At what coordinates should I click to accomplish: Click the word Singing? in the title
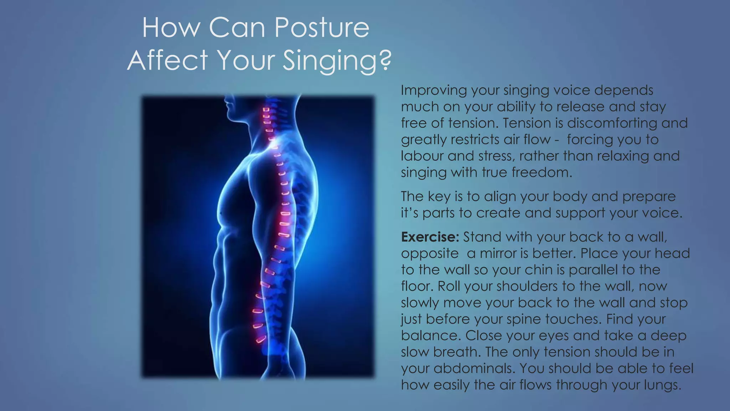pyautogui.click(x=337, y=60)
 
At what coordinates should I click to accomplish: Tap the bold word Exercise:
pyautogui.click(x=430, y=237)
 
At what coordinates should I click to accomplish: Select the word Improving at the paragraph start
pyautogui.click(x=433, y=91)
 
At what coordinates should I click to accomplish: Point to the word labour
pyautogui.click(x=422, y=156)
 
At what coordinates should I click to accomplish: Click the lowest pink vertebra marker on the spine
pyautogui.click(x=261, y=339)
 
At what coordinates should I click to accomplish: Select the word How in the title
pyautogui.click(x=171, y=27)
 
